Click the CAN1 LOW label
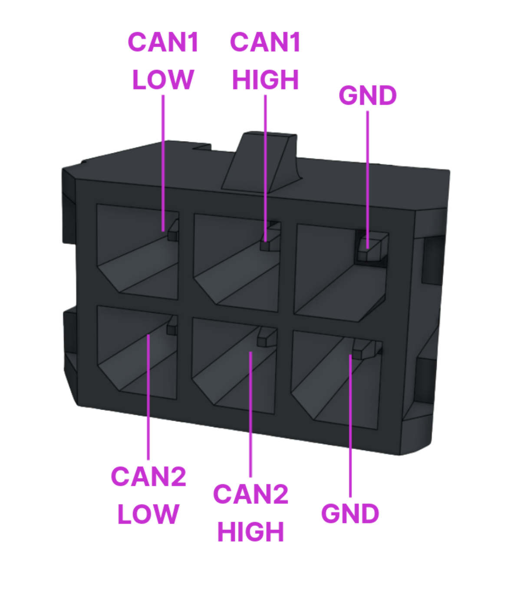[163, 61]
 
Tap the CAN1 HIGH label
[265, 61]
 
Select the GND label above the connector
[368, 96]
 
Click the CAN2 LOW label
[148, 495]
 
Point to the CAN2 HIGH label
[250, 513]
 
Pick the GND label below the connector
[350, 513]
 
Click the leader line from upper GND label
[368, 174]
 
